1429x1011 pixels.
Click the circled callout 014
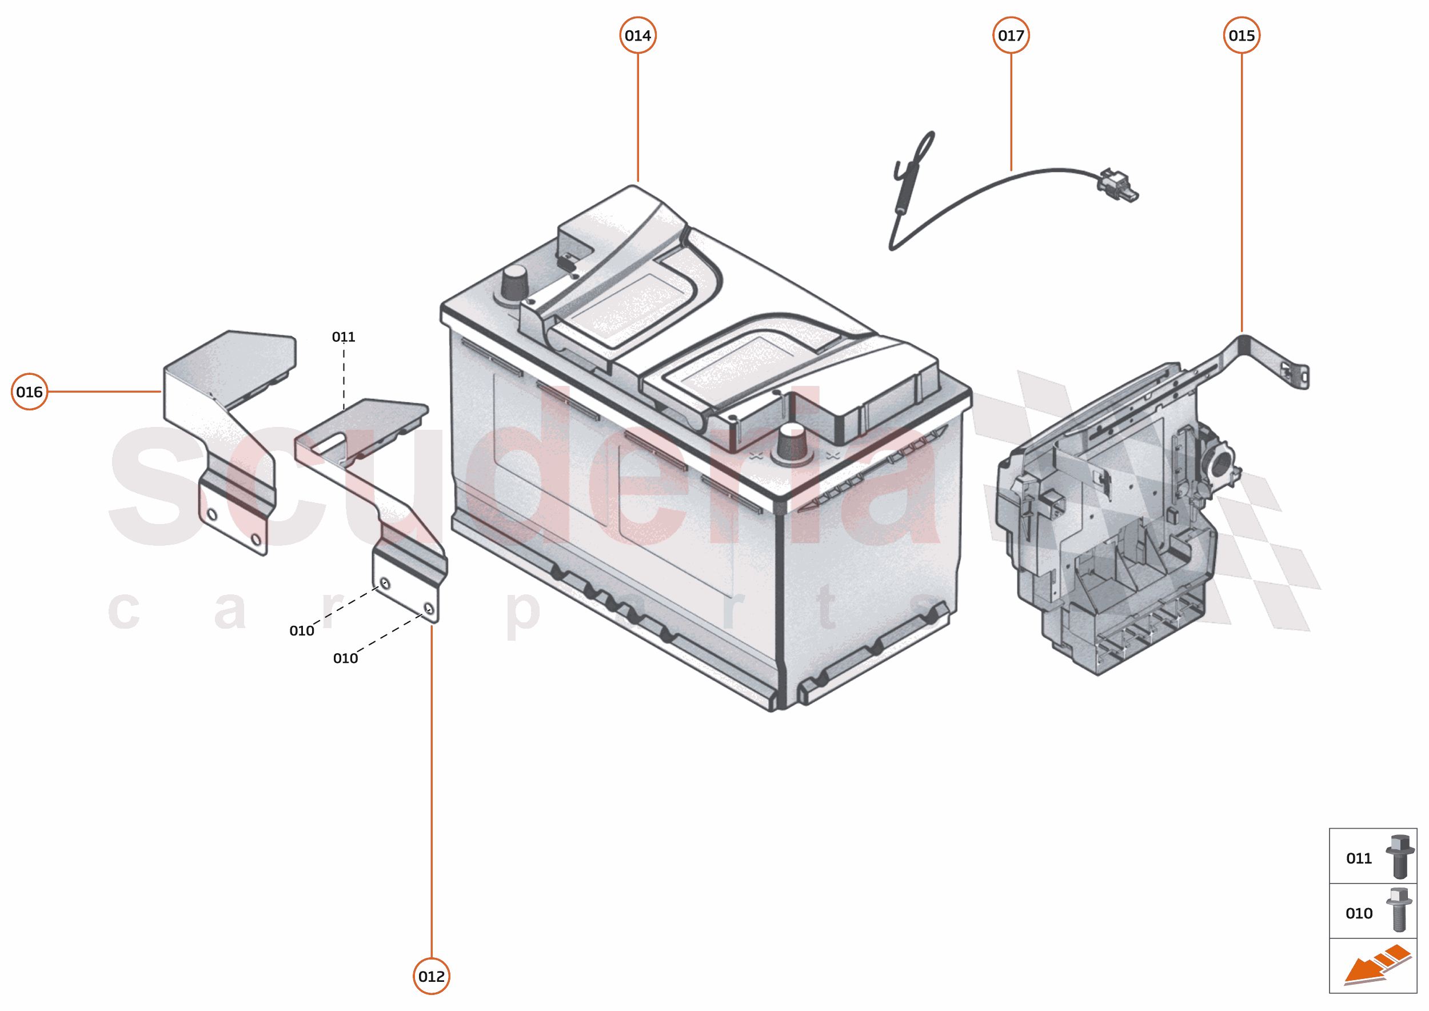tap(637, 35)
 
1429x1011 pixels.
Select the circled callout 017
tap(1011, 35)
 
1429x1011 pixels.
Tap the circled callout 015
tap(1242, 35)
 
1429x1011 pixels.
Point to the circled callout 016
tap(29, 391)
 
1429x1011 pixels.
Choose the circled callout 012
tap(432, 976)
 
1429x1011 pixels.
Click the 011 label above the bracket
tap(343, 337)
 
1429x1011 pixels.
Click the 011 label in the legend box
tap(1359, 858)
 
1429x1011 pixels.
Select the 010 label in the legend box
tap(1359, 913)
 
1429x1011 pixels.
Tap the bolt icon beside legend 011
tap(1400, 857)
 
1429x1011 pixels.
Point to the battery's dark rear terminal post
tap(514, 283)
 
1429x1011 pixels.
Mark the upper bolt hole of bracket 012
tap(385, 583)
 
